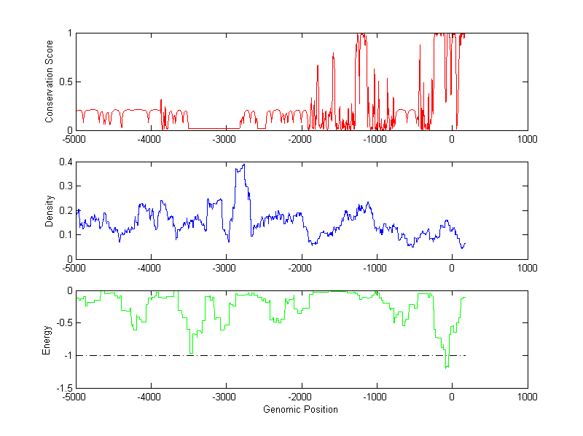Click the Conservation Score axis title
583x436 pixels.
pyautogui.click(x=50, y=82)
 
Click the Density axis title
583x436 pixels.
pyautogui.click(x=50, y=210)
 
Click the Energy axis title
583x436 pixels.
pyautogui.click(x=47, y=339)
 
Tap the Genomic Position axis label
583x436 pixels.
pyautogui.click(x=300, y=409)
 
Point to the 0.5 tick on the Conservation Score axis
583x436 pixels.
pyautogui.click(x=64, y=82)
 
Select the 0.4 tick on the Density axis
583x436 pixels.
pyautogui.click(x=64, y=162)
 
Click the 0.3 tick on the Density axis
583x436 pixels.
pyautogui.click(x=64, y=186)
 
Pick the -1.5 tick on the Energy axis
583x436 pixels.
pyautogui.click(x=63, y=387)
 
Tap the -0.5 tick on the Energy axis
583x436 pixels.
pyautogui.click(x=63, y=323)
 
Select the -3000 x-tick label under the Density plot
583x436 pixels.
pyautogui.click(x=224, y=268)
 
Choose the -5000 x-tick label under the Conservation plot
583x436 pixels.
pyautogui.click(x=74, y=139)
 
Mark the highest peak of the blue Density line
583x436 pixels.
pyautogui.click(x=243, y=165)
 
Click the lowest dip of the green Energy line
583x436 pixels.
pyautogui.click(x=446, y=368)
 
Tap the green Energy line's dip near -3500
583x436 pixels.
pyautogui.click(x=191, y=353)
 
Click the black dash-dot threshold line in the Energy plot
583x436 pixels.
pyautogui.click(x=291, y=355)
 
